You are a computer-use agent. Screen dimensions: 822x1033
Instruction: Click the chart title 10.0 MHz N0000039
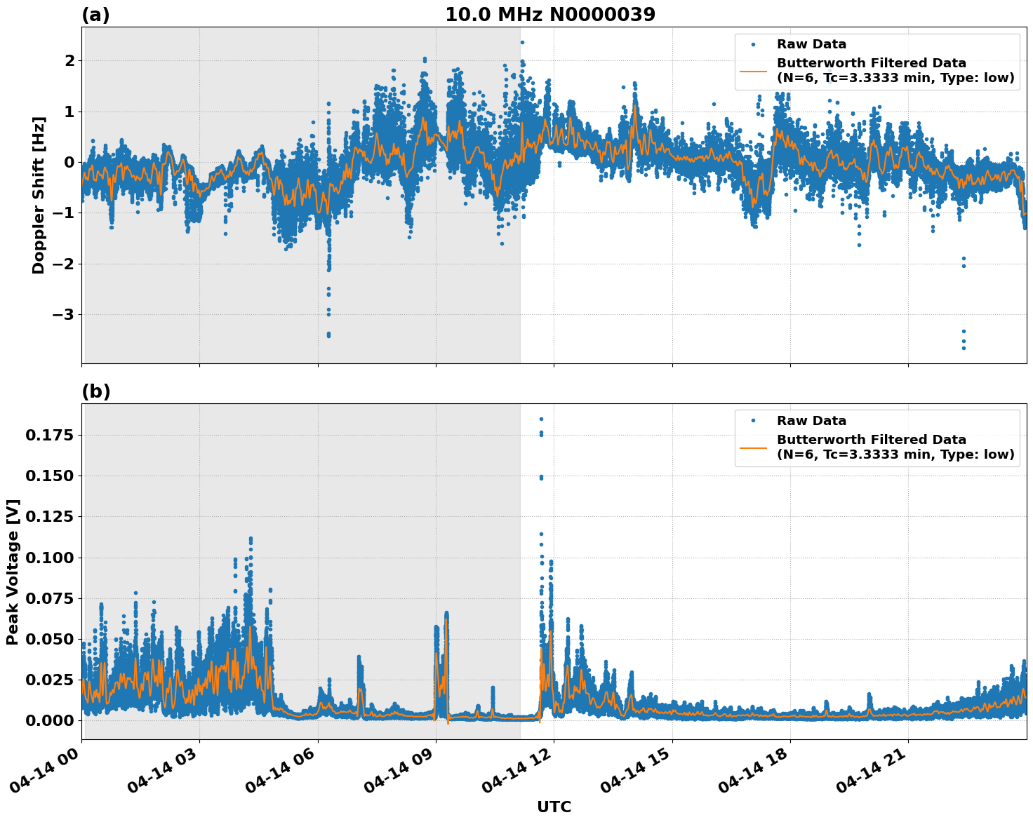point(549,15)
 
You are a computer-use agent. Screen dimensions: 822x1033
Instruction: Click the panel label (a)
point(95,15)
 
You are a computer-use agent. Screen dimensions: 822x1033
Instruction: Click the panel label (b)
point(95,391)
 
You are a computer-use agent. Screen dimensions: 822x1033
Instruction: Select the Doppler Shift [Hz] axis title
point(39,195)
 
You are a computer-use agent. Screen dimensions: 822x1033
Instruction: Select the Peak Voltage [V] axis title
point(13,572)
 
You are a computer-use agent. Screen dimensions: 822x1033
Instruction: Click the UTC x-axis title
point(554,807)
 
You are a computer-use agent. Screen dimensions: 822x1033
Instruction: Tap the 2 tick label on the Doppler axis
point(69,60)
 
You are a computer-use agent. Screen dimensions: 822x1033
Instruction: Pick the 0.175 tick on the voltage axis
point(49,435)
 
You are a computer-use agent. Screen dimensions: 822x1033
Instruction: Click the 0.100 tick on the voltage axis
point(49,558)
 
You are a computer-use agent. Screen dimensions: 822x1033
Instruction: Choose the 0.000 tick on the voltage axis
point(49,720)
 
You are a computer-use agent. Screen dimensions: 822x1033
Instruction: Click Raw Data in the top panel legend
point(811,44)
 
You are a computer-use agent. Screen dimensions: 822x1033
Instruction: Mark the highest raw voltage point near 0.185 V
point(541,419)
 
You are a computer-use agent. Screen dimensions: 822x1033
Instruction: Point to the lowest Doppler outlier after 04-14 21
point(964,348)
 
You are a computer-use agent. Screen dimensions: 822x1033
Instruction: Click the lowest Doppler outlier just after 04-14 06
point(328,336)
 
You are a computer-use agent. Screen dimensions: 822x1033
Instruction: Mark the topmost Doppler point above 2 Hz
point(522,42)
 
